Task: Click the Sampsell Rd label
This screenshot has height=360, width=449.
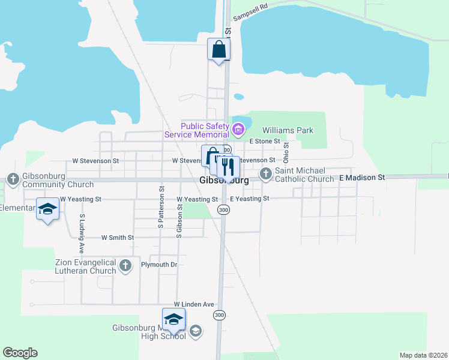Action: pyautogui.click(x=249, y=14)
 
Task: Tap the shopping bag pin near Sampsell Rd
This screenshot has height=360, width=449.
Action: pyautogui.click(x=218, y=49)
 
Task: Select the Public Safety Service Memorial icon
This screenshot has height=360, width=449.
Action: pyautogui.click(x=238, y=129)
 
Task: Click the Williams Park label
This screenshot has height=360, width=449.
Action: pyautogui.click(x=288, y=130)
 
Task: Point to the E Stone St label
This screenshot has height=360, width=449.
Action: pyautogui.click(x=265, y=141)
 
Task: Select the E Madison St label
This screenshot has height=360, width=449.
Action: pyautogui.click(x=361, y=178)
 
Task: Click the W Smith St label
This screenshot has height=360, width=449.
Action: pyautogui.click(x=118, y=238)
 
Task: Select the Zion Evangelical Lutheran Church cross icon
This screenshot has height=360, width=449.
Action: pyautogui.click(x=125, y=266)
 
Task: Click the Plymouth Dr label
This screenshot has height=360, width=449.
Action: pyautogui.click(x=159, y=265)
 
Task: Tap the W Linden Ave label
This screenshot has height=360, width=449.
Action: pyautogui.click(x=194, y=304)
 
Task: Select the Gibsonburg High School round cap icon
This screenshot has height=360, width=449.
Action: pyautogui.click(x=195, y=331)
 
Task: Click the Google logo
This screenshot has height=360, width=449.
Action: pyautogui.click(x=20, y=353)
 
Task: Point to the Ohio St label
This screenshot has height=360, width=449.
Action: pyautogui.click(x=286, y=153)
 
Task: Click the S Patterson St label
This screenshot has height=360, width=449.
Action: pyautogui.click(x=161, y=206)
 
